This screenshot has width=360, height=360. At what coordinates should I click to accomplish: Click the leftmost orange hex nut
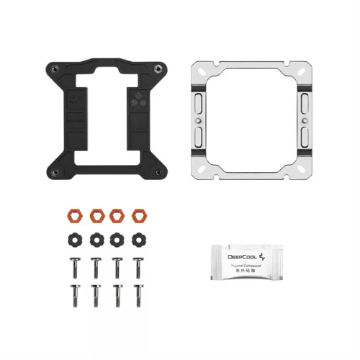pyautogui.click(x=73, y=215)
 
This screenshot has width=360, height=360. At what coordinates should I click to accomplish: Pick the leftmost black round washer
pyautogui.click(x=73, y=238)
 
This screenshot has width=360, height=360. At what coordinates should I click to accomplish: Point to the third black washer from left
pyautogui.click(x=116, y=238)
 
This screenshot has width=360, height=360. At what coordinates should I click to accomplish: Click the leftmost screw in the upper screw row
pyautogui.click(x=73, y=266)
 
